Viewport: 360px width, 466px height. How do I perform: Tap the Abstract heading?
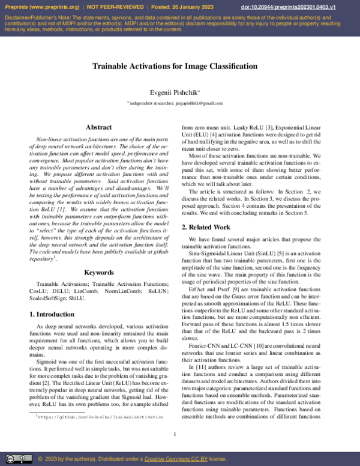pos(99,127)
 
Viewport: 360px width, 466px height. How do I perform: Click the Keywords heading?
pos(99,273)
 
